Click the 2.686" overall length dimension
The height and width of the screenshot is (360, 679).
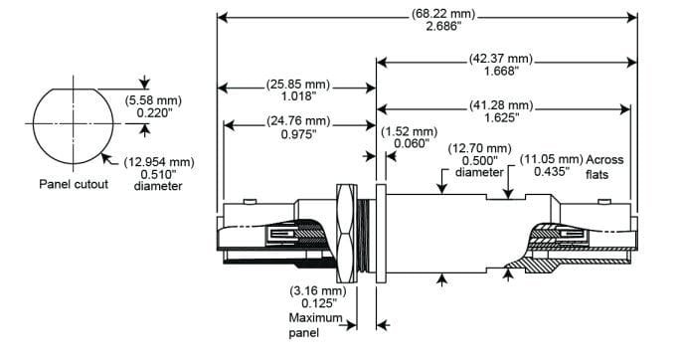(443, 27)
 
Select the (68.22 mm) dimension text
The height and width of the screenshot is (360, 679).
(443, 14)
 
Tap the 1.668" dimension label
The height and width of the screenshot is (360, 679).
(501, 71)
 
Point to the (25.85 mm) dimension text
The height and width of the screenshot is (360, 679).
(298, 85)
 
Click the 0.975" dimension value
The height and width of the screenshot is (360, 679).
(298, 134)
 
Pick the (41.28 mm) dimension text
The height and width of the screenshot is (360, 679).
(501, 105)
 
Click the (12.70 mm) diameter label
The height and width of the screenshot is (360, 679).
(479, 148)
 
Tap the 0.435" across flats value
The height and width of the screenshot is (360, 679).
(552, 172)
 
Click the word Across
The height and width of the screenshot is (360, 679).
(605, 160)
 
